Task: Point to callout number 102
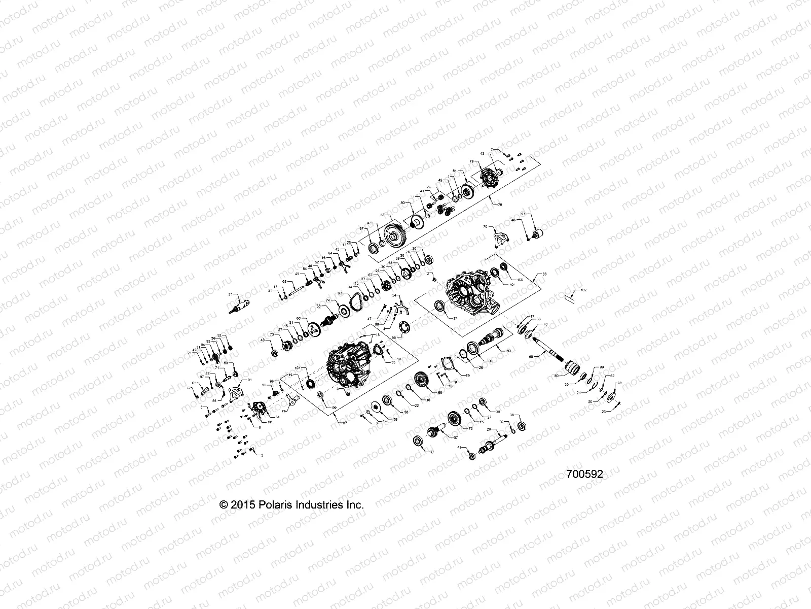(x=583, y=290)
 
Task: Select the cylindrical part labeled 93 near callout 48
(x=539, y=235)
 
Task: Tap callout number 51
(x=230, y=294)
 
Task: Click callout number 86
(x=544, y=274)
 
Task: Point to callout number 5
(x=262, y=455)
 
